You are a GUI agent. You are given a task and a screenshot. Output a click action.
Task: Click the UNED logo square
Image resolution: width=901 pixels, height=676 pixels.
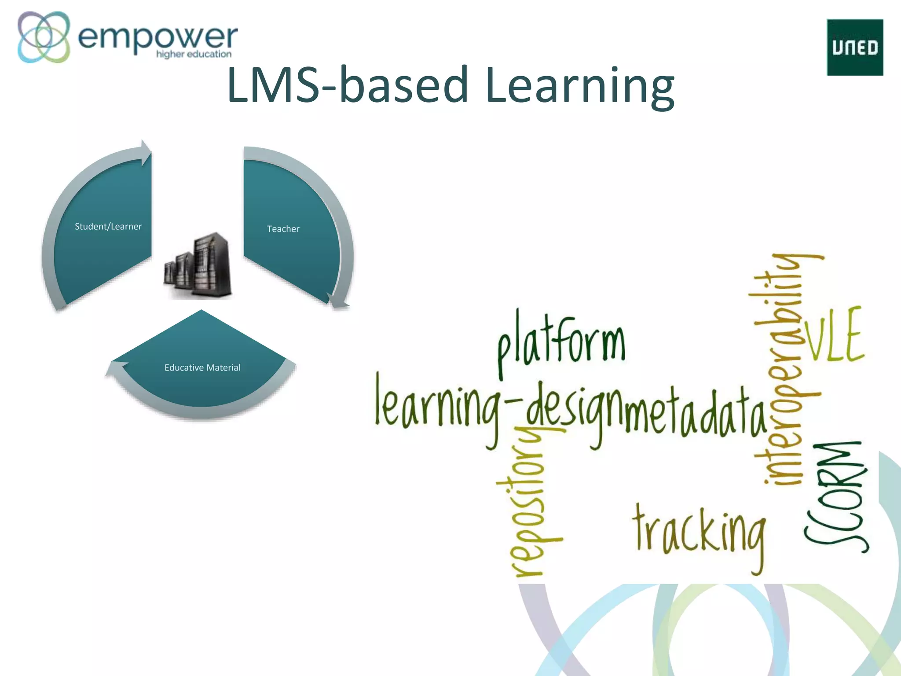pyautogui.click(x=855, y=47)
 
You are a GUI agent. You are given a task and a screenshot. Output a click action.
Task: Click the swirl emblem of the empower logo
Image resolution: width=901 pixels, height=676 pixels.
pyautogui.click(x=44, y=37)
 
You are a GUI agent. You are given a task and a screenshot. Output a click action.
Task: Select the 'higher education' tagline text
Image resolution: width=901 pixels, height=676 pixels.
pyautogui.click(x=194, y=54)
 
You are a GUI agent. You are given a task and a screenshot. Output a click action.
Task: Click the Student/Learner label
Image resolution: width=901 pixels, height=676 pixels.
pyautogui.click(x=108, y=227)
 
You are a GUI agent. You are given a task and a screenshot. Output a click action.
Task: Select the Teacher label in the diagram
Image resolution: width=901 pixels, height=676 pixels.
pyautogui.click(x=283, y=229)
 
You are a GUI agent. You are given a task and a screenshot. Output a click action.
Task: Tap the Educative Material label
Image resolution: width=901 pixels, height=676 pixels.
pyautogui.click(x=202, y=367)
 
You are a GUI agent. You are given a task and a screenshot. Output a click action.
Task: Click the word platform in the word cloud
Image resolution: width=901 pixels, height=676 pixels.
pyautogui.click(x=561, y=343)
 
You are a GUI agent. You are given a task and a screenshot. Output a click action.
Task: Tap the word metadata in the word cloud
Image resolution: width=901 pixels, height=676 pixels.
pyautogui.click(x=695, y=411)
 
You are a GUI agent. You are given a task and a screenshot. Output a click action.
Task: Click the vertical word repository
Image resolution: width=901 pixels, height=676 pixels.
pyautogui.click(x=528, y=502)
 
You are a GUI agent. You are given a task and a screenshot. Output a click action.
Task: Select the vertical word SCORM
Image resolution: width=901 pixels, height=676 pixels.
pyautogui.click(x=836, y=497)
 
